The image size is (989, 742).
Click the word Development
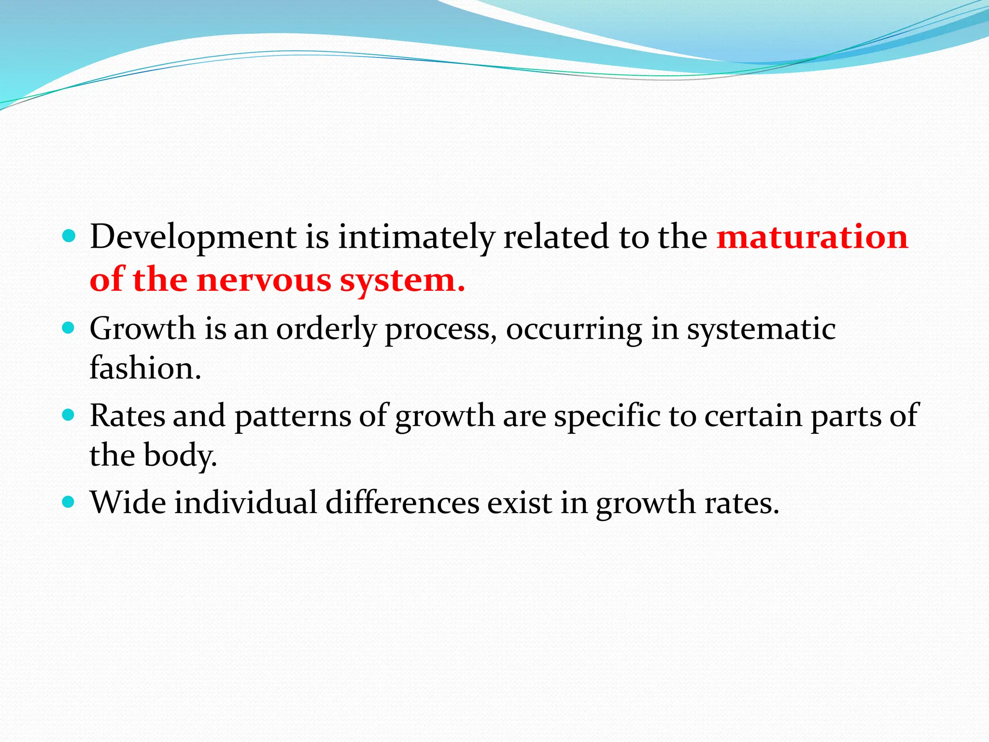pos(193,237)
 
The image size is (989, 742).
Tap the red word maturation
pos(812,237)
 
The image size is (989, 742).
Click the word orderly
pos(326,329)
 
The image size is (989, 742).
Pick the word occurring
pos(574,329)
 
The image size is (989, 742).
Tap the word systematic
pos(761,329)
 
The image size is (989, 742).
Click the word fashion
pos(145,368)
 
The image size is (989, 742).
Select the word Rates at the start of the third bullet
pos(127,415)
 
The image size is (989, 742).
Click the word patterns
pos(293,415)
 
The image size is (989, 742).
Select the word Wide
pos(128,502)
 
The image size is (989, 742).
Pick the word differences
pos(402,502)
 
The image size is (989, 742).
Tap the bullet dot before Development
pos(69,237)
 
